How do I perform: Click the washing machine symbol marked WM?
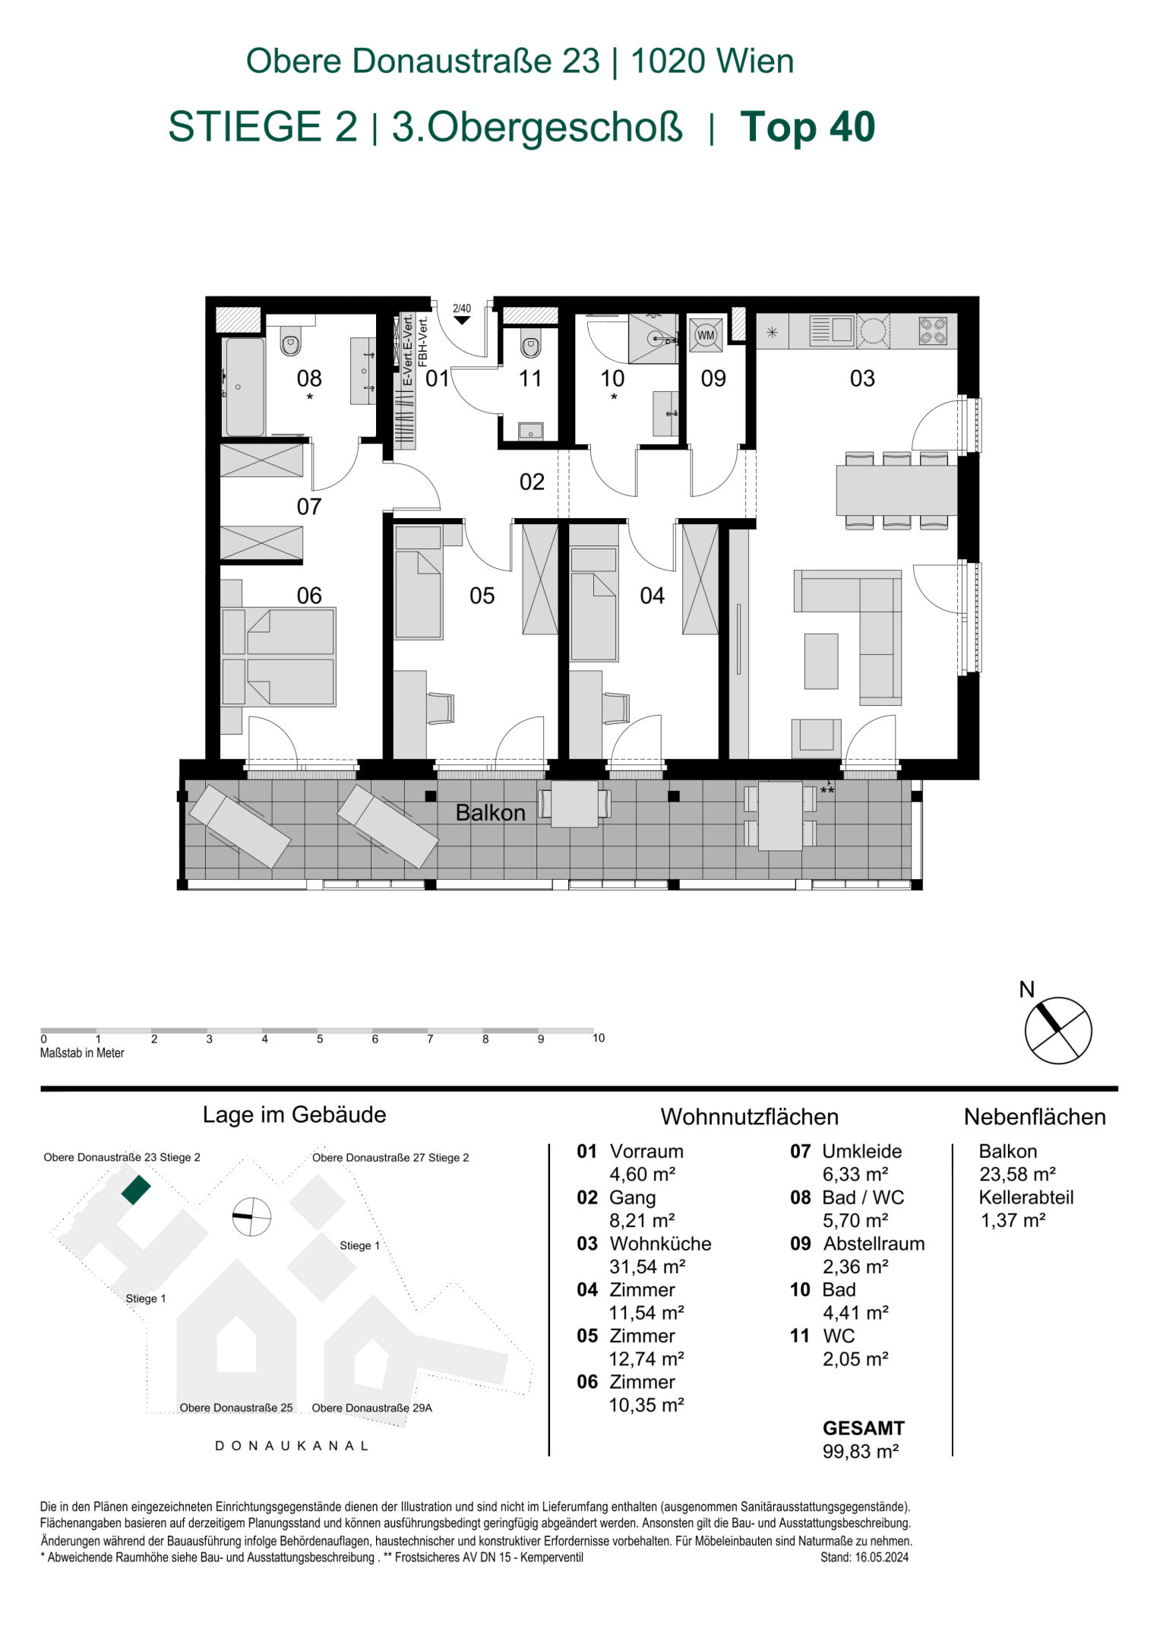point(706,334)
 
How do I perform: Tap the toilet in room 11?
point(530,346)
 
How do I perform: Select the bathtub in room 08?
point(245,387)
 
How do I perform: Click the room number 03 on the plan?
point(862,378)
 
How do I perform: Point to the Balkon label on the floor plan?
point(490,813)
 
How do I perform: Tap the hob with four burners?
point(933,330)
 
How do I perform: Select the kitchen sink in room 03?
point(833,330)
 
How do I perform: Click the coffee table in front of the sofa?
point(821,661)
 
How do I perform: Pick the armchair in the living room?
point(817,737)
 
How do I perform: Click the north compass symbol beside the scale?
point(1057,1030)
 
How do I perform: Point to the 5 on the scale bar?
point(320,1039)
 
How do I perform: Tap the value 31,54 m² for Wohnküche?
point(647,1266)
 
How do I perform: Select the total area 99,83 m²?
point(861,1451)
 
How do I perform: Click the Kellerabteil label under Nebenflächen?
point(1026,1197)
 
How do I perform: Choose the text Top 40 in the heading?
point(807,127)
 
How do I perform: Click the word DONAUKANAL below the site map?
point(292,1446)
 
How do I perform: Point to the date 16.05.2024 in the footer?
point(880,1557)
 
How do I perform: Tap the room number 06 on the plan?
point(309,595)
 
